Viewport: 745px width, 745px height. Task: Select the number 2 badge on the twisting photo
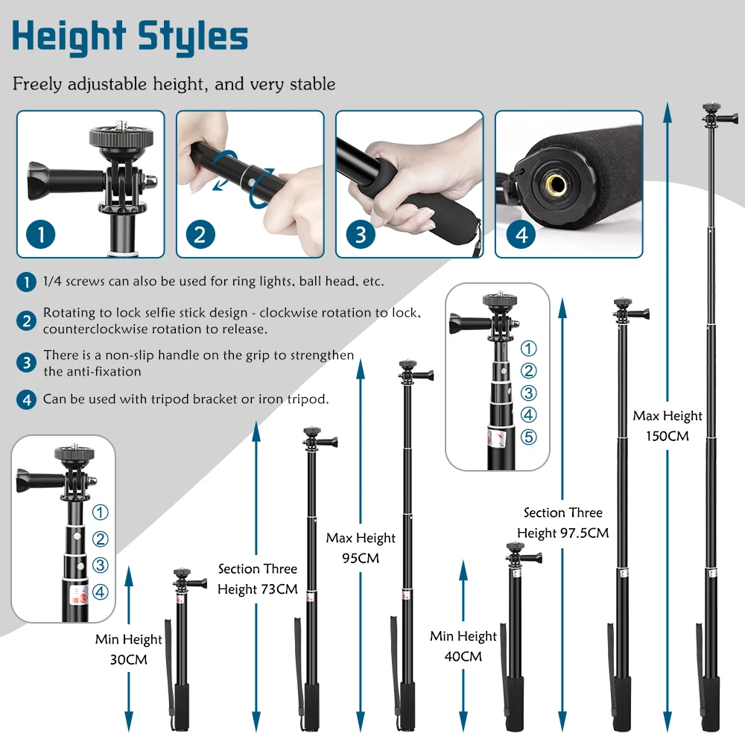pyautogui.click(x=200, y=235)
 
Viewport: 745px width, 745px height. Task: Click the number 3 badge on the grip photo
pyautogui.click(x=360, y=235)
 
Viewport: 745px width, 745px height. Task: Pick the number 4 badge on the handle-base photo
pyautogui.click(x=521, y=235)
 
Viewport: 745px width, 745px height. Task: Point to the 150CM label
pyautogui.click(x=667, y=436)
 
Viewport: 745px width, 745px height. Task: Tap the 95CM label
pyautogui.click(x=361, y=558)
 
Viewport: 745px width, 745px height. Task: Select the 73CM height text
pyautogui.click(x=257, y=589)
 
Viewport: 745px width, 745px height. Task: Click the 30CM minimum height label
pyautogui.click(x=128, y=659)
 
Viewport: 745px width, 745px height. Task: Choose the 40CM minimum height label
pyautogui.click(x=463, y=656)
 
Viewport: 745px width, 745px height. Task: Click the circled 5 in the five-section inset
pyautogui.click(x=528, y=437)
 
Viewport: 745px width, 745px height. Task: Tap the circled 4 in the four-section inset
pyautogui.click(x=101, y=592)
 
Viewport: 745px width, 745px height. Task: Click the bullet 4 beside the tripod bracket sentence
pyautogui.click(x=27, y=399)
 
